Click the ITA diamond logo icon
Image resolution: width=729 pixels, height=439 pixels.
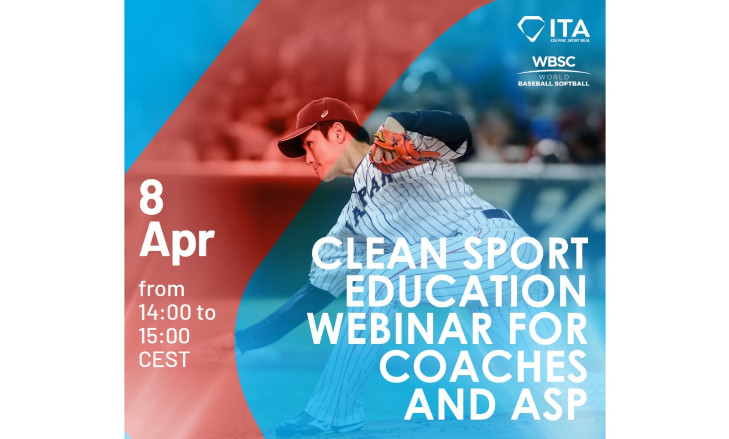coord(531,29)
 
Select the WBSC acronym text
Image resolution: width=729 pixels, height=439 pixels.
coord(554,62)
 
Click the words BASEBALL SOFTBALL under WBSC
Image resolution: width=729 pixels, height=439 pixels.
coord(554,84)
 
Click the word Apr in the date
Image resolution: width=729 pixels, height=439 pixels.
coord(177,241)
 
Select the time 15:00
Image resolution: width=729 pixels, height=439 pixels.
coord(164,336)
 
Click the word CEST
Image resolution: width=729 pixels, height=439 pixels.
coord(164,359)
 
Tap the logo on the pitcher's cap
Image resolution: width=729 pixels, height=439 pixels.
coord(325,114)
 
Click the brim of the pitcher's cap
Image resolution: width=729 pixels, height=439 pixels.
coord(291,146)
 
